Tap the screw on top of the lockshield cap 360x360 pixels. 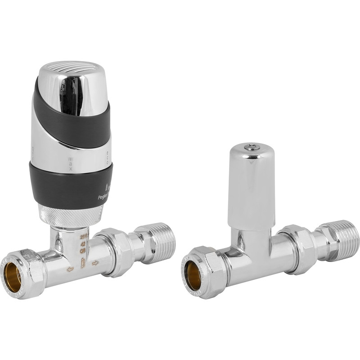[x=252, y=147]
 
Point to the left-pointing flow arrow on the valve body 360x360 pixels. [x=70, y=269]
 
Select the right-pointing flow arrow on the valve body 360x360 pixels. [x=95, y=263]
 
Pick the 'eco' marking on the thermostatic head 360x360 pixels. [x=108, y=157]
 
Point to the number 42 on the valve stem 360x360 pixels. [x=83, y=243]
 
